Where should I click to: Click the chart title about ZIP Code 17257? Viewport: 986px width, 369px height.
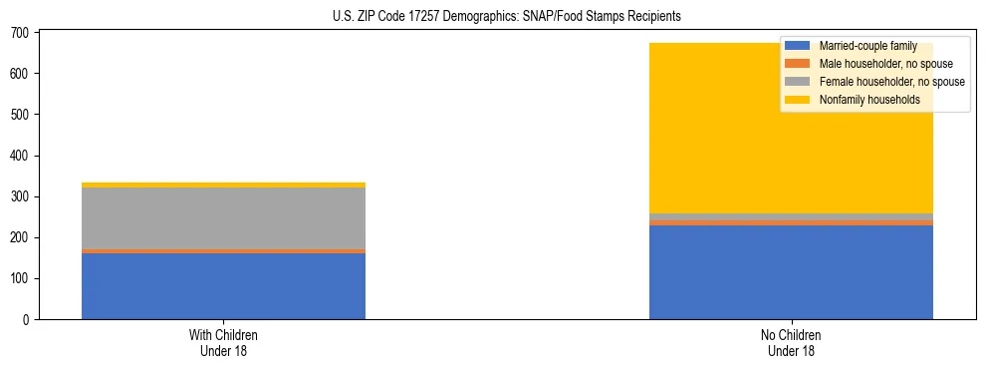pyautogui.click(x=493, y=17)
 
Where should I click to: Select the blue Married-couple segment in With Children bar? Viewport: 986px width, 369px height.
pyautogui.click(x=223, y=286)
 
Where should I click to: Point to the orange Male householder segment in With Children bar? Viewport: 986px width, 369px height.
pyautogui.click(x=223, y=251)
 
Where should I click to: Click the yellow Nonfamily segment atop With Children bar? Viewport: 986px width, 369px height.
pyautogui.click(x=223, y=184)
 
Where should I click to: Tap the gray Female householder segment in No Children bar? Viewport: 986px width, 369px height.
pyautogui.click(x=791, y=216)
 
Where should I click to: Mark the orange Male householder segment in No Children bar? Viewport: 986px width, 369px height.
pyautogui.click(x=791, y=222)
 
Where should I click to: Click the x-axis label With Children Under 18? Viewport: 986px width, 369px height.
pyautogui.click(x=223, y=342)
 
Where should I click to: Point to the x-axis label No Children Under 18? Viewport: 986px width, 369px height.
pyautogui.click(x=791, y=342)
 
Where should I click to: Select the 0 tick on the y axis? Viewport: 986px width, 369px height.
pyautogui.click(x=27, y=319)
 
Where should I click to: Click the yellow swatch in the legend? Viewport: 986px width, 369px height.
pyautogui.click(x=798, y=100)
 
